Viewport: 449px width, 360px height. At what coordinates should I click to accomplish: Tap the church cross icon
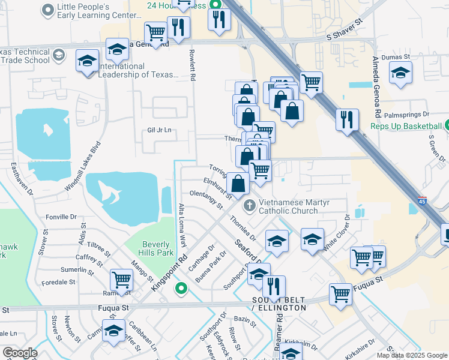(249, 206)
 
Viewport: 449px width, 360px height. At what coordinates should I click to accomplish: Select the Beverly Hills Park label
(157, 248)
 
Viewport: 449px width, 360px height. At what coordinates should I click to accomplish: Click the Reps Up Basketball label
(405, 127)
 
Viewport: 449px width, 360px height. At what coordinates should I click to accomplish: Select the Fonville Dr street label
(62, 217)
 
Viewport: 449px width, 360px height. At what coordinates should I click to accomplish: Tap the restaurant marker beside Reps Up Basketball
(348, 119)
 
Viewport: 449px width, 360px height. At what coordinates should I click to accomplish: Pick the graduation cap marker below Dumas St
(401, 73)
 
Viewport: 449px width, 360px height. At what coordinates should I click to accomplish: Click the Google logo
(20, 353)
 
